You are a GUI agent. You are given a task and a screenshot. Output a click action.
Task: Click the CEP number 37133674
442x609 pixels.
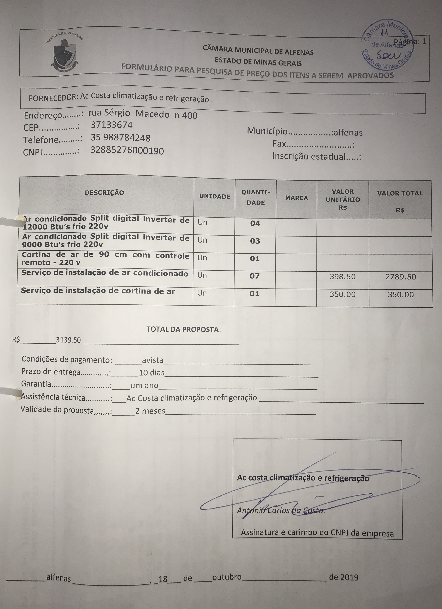coord(112,125)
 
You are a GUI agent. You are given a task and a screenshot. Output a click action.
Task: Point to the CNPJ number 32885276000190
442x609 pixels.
coord(127,151)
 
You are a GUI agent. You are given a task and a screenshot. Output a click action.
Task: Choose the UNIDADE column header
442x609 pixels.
coord(214,196)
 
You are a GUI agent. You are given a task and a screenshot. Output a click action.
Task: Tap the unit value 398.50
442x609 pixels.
coord(343,277)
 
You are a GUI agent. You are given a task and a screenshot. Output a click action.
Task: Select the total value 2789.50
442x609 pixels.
coord(400,277)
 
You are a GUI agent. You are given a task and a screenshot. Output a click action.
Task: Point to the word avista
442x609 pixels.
coord(152,360)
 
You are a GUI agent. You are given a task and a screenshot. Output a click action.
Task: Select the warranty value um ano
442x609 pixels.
coord(144,386)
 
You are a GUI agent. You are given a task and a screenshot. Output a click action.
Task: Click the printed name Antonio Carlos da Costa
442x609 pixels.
coord(280,510)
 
